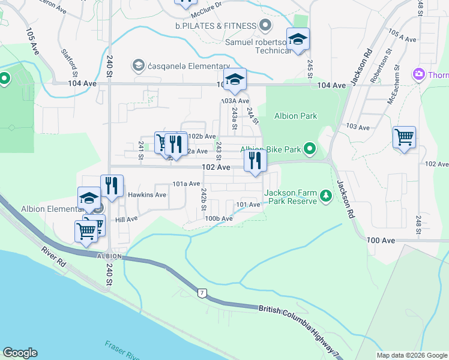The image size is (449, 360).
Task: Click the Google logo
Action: pos(20,353)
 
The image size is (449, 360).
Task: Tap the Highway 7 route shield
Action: pos(203,293)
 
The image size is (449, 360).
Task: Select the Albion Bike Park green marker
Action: pos(310,148)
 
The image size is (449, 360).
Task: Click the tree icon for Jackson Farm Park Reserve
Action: pos(325,196)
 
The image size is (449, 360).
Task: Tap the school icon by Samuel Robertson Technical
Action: pos(298,40)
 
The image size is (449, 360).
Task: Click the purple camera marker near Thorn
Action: pos(418,74)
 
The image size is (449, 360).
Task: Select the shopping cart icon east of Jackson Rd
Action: pos(404,137)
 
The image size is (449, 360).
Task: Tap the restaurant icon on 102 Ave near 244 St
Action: pos(255,161)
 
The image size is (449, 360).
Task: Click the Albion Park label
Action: pos(295,116)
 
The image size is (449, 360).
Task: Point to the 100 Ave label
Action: pos(381,240)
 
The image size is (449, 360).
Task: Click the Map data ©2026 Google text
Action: pos(411,355)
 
